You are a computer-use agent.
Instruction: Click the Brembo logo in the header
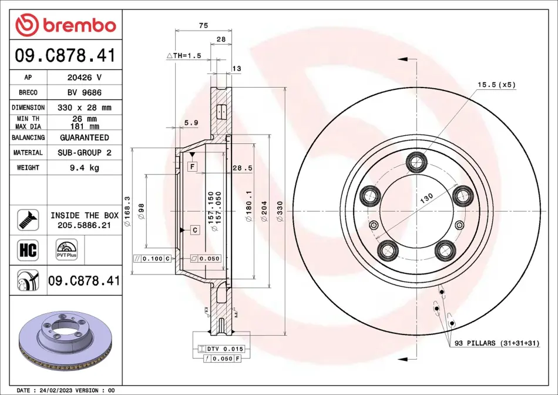click(66, 25)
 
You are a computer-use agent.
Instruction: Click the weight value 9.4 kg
click(85, 168)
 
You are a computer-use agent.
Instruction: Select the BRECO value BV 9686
click(85, 93)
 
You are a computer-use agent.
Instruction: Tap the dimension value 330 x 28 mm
click(85, 108)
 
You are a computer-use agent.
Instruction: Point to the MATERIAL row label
click(28, 152)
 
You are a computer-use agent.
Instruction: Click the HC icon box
click(28, 250)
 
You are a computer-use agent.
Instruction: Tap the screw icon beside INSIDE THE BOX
click(28, 220)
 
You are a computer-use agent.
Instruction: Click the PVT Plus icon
click(66, 250)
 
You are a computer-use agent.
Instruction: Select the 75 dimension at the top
click(203, 26)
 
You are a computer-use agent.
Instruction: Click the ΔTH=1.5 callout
click(184, 56)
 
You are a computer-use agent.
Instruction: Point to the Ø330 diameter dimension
click(280, 211)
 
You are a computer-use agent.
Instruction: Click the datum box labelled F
click(193, 166)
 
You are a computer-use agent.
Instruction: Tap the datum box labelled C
click(194, 230)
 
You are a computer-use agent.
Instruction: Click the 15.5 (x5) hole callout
click(496, 85)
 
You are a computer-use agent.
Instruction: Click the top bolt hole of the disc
click(416, 162)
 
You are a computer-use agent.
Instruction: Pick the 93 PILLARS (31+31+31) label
click(497, 343)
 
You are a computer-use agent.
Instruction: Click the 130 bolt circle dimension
click(426, 198)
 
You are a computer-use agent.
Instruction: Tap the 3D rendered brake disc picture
click(65, 341)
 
